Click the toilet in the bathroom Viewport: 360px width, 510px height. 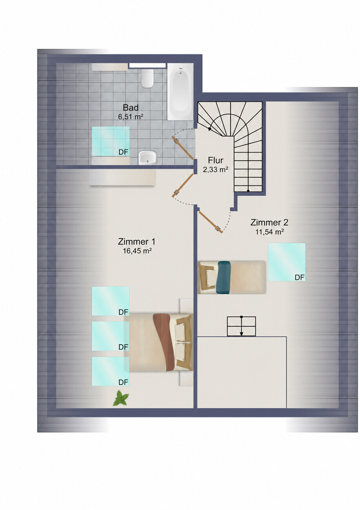(x=147, y=78)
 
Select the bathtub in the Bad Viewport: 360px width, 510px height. (x=180, y=91)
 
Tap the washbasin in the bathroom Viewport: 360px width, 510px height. (x=148, y=157)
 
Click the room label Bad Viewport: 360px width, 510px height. (x=131, y=107)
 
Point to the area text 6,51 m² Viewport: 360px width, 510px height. (x=131, y=117)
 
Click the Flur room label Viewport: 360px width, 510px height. (x=216, y=160)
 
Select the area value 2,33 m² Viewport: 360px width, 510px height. (x=216, y=169)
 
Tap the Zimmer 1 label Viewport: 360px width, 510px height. (x=137, y=242)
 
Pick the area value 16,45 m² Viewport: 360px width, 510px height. (x=137, y=251)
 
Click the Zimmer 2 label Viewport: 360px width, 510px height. (x=269, y=222)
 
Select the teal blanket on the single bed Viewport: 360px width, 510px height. (x=224, y=277)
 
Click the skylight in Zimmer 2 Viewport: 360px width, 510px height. (x=287, y=262)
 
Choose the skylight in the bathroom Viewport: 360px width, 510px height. (x=111, y=141)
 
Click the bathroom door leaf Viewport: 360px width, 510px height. (x=183, y=148)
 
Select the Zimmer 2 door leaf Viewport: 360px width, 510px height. (x=211, y=222)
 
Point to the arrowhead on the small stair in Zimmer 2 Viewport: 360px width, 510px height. (x=242, y=334)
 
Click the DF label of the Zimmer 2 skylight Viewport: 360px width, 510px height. (x=300, y=277)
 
